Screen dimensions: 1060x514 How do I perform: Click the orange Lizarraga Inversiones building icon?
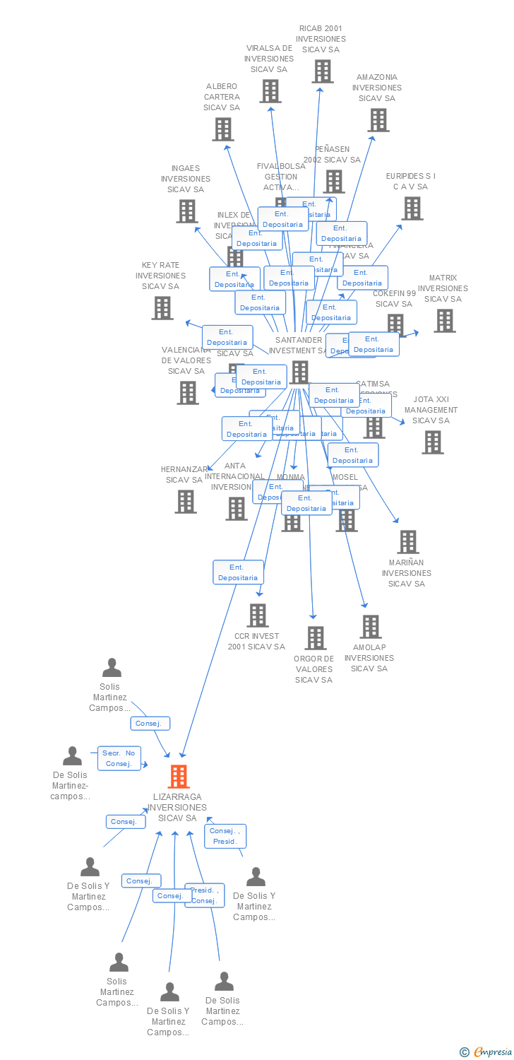(x=179, y=776)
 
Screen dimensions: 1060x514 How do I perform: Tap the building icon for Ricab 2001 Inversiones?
(x=323, y=71)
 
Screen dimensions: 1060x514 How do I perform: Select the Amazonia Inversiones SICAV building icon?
(x=378, y=120)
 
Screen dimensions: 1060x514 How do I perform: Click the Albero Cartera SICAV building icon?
(x=223, y=129)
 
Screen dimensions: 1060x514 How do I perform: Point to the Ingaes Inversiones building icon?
(x=186, y=211)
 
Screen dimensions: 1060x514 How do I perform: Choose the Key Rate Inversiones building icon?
(x=162, y=307)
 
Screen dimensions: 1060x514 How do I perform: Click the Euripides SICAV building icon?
(x=412, y=208)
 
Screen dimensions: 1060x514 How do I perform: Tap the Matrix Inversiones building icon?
(x=444, y=320)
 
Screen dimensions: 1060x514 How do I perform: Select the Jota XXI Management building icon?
(x=432, y=442)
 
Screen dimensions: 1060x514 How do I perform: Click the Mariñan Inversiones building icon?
(x=407, y=542)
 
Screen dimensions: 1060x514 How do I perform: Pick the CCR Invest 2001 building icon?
(x=258, y=616)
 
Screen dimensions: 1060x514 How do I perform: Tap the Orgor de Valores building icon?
(x=316, y=638)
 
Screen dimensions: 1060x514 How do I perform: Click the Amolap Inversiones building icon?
(x=371, y=627)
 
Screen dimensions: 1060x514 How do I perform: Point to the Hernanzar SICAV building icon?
(x=186, y=501)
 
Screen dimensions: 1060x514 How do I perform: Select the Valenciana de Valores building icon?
(x=188, y=392)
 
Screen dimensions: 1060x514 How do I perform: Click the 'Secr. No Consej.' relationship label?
(x=119, y=758)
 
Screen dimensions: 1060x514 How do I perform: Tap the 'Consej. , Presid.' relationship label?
(x=225, y=836)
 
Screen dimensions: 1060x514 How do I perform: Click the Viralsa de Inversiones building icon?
(x=270, y=91)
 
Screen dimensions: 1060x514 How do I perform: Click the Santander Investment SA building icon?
(x=299, y=372)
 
